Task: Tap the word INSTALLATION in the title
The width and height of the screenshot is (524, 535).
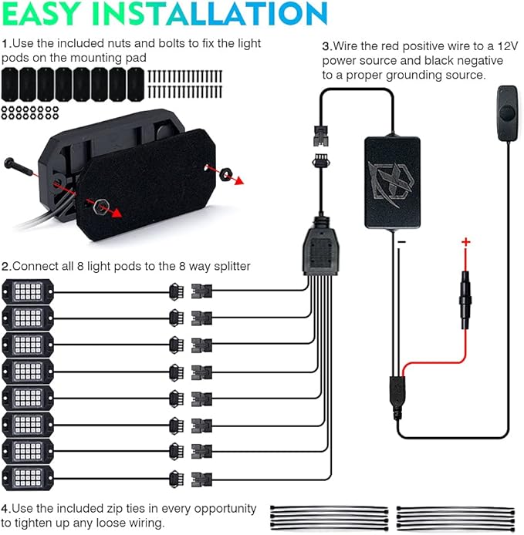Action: (210, 13)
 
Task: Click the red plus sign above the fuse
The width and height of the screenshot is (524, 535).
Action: (465, 242)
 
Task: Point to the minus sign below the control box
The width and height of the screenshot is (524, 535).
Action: (402, 242)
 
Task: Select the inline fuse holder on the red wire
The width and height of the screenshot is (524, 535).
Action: (465, 300)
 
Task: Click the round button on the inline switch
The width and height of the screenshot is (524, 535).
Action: (507, 112)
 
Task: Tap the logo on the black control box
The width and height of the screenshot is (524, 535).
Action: (391, 183)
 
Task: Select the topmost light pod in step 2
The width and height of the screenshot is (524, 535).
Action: (28, 291)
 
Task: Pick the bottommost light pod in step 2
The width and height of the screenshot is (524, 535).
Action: (28, 478)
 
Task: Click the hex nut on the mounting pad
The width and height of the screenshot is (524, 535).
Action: (101, 206)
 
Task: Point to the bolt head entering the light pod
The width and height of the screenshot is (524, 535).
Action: (9, 163)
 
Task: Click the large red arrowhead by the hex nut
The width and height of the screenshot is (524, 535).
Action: (117, 213)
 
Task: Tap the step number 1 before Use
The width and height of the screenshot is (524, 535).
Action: (5, 44)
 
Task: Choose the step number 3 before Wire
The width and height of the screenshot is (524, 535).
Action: (326, 46)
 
